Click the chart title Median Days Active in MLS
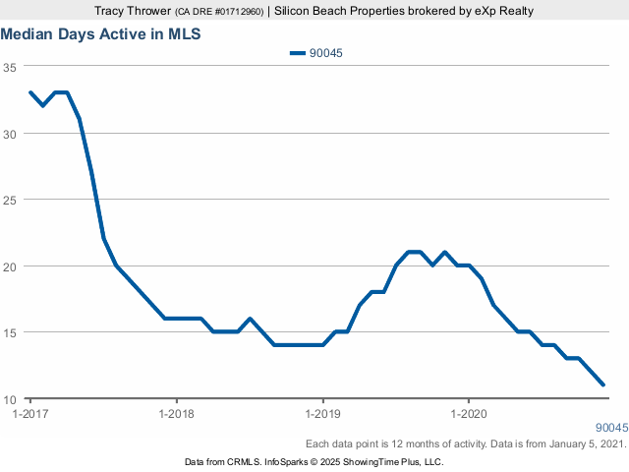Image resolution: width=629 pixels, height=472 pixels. pos(100,33)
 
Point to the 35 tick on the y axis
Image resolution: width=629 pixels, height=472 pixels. pos(10,67)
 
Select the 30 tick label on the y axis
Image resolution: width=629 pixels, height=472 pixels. pos(10,133)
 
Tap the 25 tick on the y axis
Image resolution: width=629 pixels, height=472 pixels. pos(10,200)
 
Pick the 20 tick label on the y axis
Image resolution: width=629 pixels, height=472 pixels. pos(10,266)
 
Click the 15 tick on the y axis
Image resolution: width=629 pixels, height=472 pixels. pos(10,332)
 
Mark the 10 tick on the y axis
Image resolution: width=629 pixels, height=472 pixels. pos(10,399)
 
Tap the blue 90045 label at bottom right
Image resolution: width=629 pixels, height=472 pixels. pos(611,428)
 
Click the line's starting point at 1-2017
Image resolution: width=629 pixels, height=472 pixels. pos(30,92)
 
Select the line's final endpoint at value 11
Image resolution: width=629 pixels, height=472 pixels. pos(602,384)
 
